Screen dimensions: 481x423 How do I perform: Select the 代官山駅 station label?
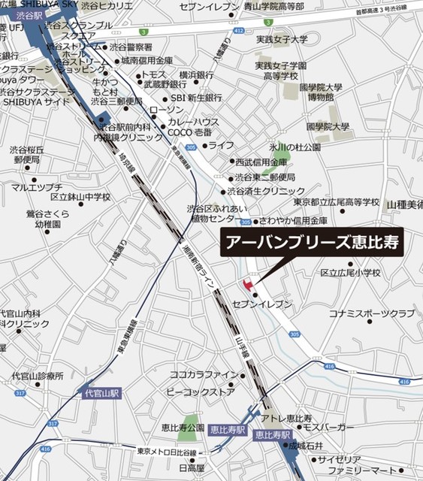point(101,393)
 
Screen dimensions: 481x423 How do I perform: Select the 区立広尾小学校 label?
point(351,273)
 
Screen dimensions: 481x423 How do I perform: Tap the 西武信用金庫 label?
point(261,162)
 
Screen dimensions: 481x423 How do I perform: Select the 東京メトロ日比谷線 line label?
point(167,452)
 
